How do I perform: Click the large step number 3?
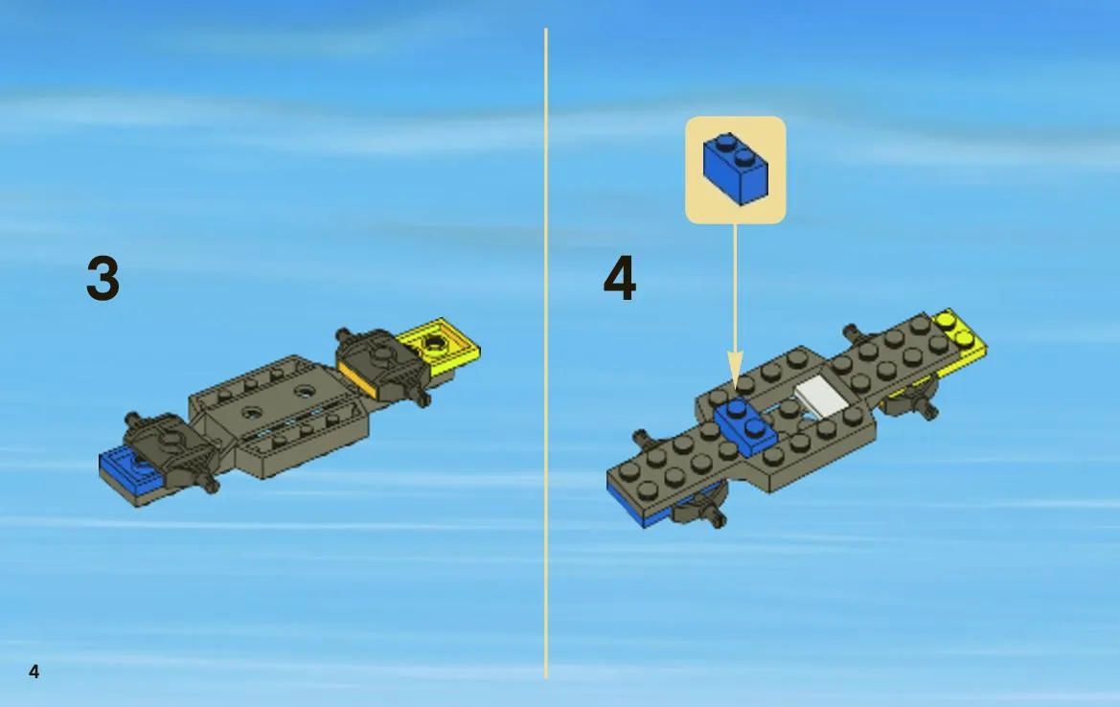103,278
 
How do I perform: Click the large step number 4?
619,278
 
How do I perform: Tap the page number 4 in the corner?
34,671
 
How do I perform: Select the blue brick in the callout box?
735,169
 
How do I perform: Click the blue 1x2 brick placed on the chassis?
745,426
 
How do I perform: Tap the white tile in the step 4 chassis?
821,396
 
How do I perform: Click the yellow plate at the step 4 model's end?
961,344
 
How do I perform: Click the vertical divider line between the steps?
546,353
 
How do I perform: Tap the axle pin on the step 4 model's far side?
853,332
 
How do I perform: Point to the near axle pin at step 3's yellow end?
422,397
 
